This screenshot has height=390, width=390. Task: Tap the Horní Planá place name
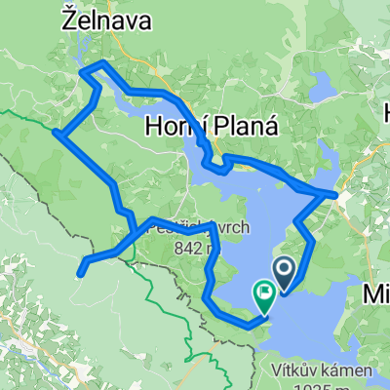coord(211,126)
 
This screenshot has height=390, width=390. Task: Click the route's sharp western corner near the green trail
coord(58,135)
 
